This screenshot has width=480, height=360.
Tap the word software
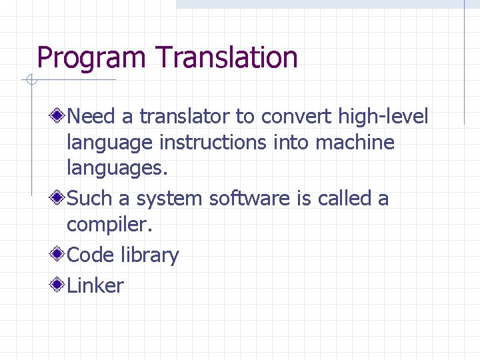(x=252, y=199)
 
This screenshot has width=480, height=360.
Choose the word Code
(x=91, y=255)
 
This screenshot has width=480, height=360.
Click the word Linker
(x=95, y=286)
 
